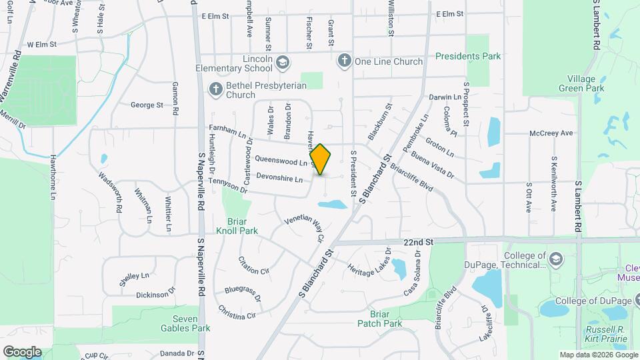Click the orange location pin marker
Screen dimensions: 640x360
320,159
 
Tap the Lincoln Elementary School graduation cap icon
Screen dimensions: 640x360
283,62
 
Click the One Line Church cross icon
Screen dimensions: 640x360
344,61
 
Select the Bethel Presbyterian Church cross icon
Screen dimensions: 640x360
215,89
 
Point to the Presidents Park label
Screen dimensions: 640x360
467,57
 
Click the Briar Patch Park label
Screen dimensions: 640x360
379,318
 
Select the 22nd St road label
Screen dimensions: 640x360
417,243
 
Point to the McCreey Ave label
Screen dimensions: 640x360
551,133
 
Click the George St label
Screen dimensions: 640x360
147,105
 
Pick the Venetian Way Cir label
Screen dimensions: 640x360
304,227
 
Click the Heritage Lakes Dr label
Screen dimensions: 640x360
369,267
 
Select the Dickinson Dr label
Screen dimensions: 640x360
155,292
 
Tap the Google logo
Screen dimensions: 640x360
22,351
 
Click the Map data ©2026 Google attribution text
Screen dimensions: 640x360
598,355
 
